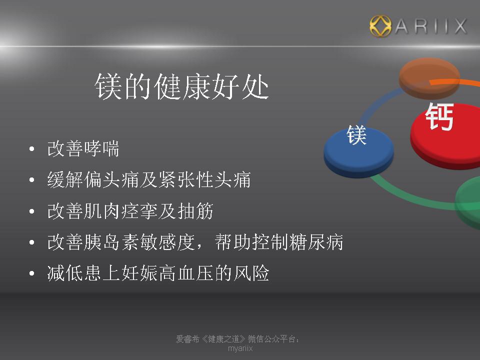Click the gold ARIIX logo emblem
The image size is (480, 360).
coord(380,26)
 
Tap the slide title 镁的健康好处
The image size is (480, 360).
coord(182,86)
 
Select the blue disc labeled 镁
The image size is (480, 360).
coord(358,152)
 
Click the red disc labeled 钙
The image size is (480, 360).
coord(445,136)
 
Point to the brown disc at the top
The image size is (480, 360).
coord(429,78)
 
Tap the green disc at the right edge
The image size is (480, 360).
coord(468,202)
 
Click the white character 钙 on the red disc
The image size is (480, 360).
coord(439,116)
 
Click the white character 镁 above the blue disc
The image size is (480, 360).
coord(356,135)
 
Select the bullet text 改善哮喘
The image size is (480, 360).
coord(83,149)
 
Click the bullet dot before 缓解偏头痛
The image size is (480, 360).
coord(32,180)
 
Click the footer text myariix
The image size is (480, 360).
coord(240,348)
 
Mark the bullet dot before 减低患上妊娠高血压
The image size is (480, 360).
coord(32,273)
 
